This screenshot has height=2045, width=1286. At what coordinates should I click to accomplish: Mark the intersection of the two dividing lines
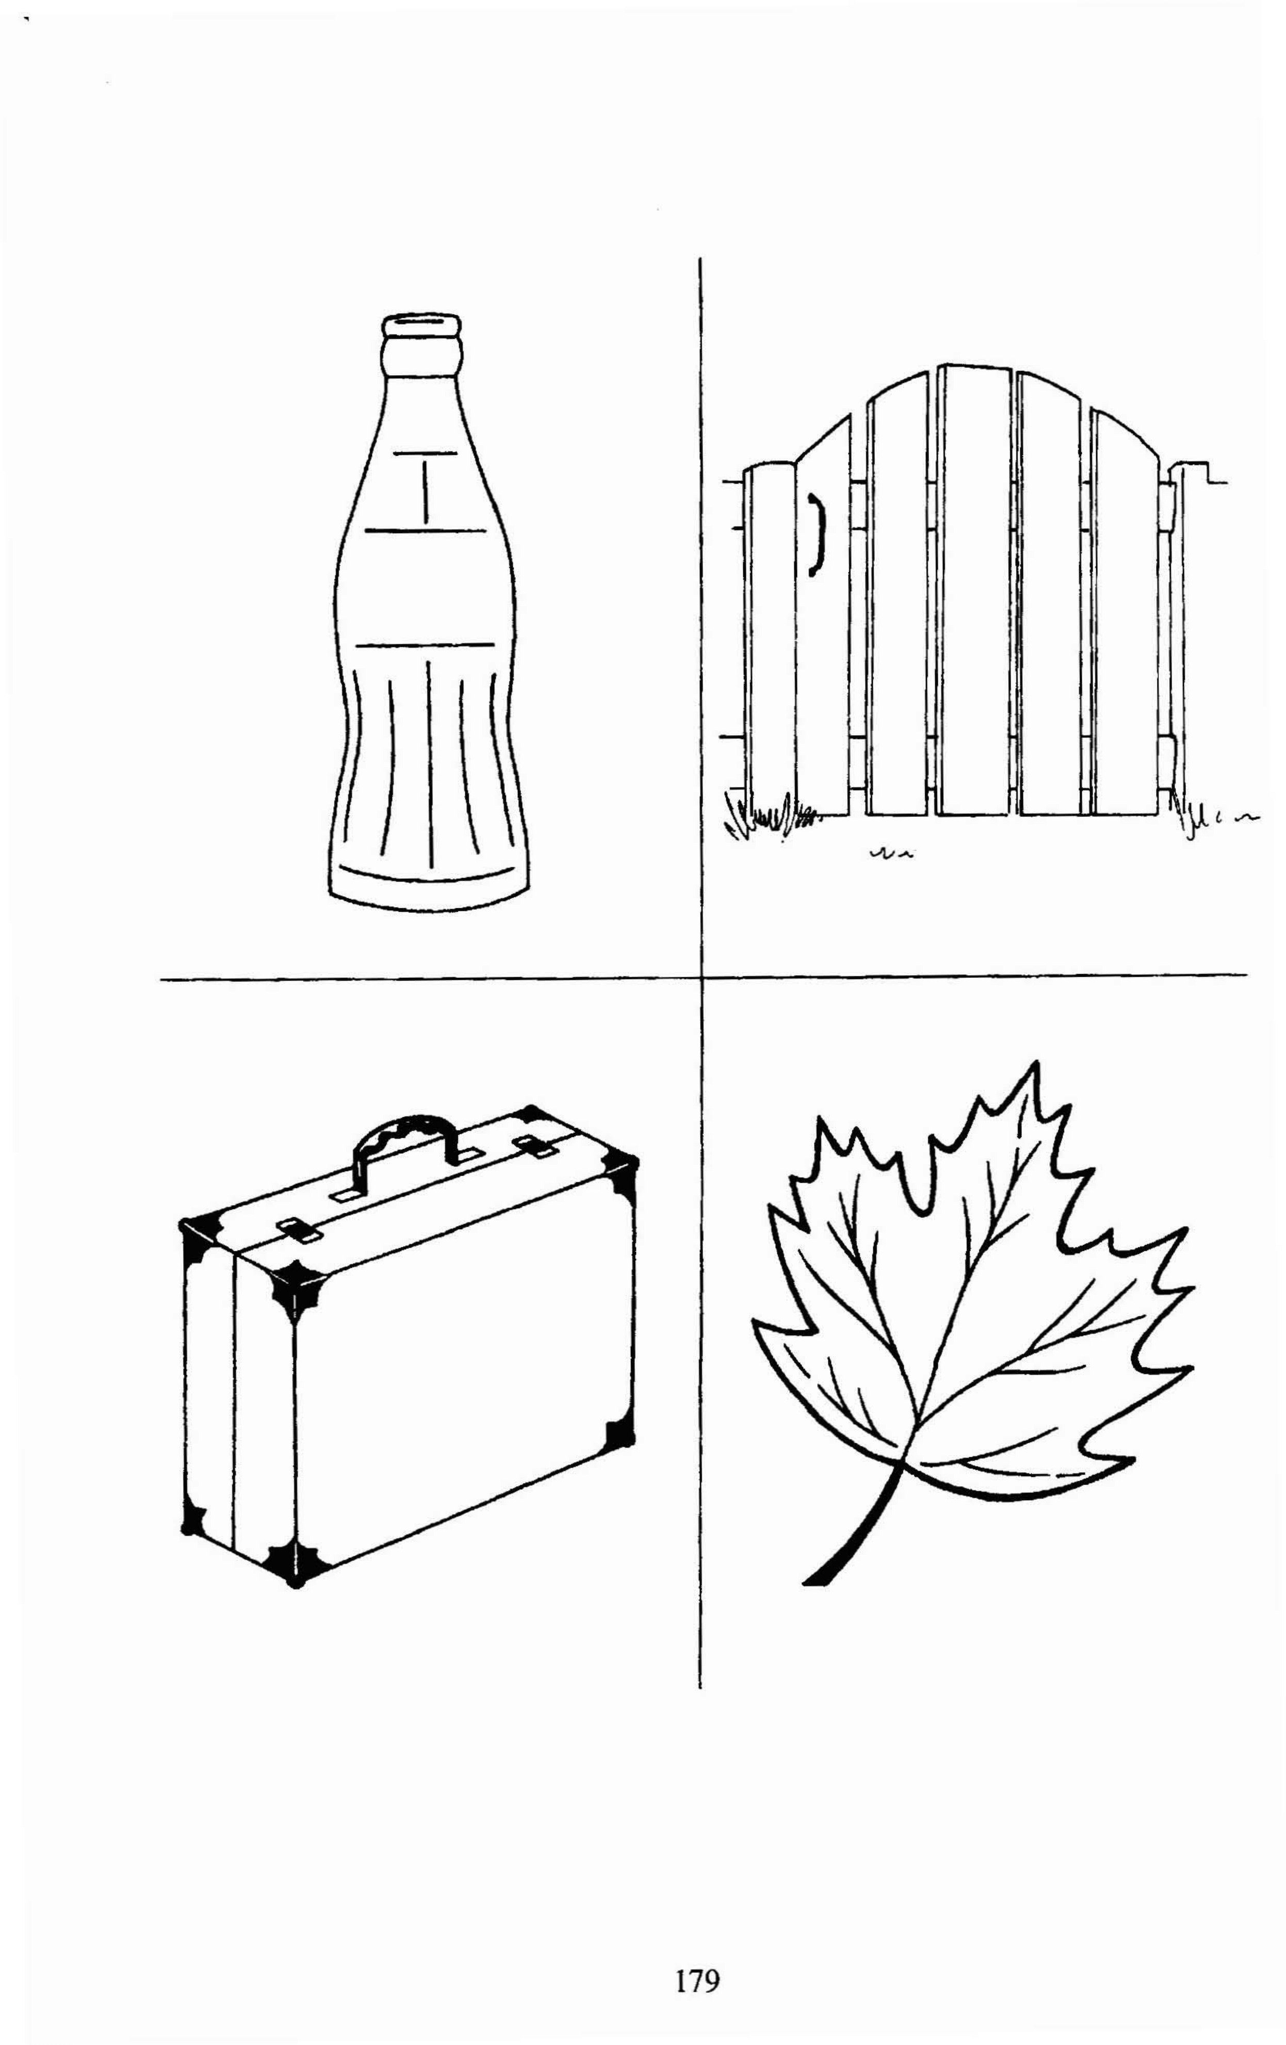pos(701,977)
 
